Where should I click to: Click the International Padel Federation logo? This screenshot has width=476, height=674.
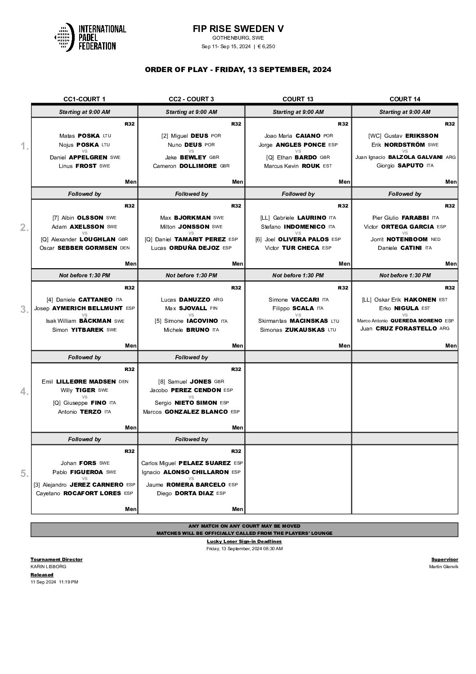coord(90,37)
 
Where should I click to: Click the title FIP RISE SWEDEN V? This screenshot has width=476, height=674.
coord(238,29)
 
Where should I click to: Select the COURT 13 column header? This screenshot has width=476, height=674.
coord(298,99)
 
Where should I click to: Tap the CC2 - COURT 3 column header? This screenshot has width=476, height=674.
coord(191,99)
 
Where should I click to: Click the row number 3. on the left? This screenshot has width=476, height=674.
coord(25,309)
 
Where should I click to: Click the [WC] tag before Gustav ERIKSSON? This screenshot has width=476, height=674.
coord(375,136)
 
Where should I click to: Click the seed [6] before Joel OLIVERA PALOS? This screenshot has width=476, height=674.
coord(259,240)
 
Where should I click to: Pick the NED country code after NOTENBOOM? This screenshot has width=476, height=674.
coord(436,240)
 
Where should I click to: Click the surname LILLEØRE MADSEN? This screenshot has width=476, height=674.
coord(85,382)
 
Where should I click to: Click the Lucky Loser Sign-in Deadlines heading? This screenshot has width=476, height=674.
coord(244,541)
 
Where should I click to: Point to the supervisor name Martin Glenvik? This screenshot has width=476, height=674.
coord(444,567)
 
